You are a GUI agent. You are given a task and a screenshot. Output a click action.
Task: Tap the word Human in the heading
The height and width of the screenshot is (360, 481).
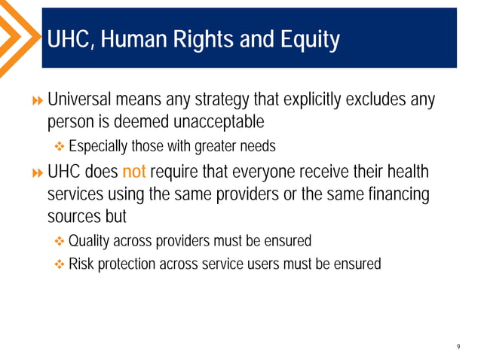(137, 39)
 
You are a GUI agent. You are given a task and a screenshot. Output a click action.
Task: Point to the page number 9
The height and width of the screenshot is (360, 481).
(458, 347)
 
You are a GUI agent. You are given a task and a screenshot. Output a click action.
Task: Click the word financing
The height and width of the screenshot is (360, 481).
(395, 194)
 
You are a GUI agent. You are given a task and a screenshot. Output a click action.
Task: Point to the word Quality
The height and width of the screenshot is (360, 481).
(89, 241)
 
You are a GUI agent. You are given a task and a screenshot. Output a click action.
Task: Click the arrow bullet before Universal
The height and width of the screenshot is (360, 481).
(38, 100)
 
